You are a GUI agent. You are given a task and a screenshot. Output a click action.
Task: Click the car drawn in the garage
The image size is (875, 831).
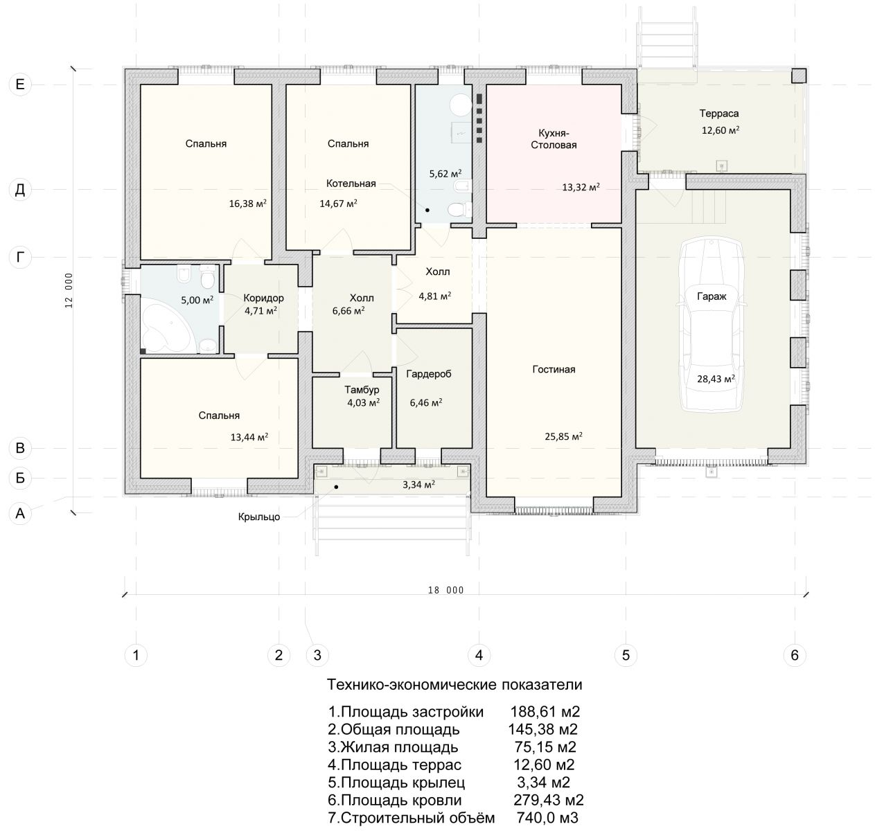tap(712, 326)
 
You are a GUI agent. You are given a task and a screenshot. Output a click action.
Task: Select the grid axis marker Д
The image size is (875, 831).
tap(20, 190)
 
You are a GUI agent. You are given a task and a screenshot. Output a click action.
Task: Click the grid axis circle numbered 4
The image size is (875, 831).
tap(479, 655)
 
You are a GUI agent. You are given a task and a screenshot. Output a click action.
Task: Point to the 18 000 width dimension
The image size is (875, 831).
tap(446, 590)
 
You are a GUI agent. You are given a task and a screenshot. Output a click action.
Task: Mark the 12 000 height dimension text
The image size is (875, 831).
tap(69, 290)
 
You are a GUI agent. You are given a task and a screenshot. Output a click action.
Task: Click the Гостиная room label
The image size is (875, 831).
tap(554, 369)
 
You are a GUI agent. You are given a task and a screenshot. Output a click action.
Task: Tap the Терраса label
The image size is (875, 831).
tap(719, 114)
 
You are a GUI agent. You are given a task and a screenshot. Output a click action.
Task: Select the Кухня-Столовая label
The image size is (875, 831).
tap(554, 138)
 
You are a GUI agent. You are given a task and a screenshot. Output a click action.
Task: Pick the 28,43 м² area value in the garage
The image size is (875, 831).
tap(716, 379)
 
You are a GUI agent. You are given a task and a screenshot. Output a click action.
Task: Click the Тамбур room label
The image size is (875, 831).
tap(362, 390)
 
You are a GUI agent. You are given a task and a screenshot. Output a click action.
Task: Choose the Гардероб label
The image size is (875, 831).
tap(429, 374)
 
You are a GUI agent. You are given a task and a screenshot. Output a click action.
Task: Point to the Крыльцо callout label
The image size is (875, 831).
tap(259, 517)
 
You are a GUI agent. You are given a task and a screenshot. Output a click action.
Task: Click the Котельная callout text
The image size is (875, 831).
tap(351, 184)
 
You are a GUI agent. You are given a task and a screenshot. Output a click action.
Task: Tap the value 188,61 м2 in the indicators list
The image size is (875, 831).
tap(545, 712)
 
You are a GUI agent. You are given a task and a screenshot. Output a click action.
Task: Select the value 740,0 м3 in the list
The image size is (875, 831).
tap(547, 818)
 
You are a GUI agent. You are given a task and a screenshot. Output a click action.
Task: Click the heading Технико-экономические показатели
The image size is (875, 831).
tap(454, 684)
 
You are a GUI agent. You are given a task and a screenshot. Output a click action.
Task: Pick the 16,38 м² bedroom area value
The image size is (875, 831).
tap(248, 204)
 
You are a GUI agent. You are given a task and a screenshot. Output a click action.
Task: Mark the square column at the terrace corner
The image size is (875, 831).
tap(799, 75)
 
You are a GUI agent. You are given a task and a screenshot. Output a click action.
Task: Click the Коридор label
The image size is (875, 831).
tap(263, 298)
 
